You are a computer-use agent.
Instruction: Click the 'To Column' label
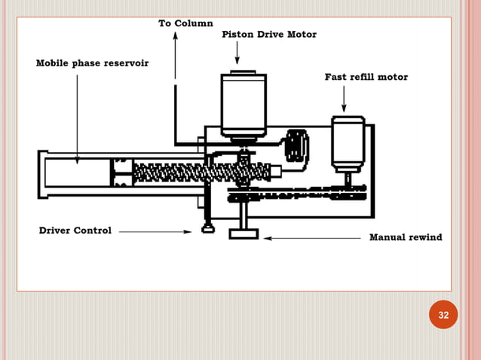tap(185, 23)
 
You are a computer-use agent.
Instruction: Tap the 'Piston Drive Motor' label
tap(268, 35)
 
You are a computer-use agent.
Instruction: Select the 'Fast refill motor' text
tap(366, 77)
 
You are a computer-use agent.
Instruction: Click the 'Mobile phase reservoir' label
tap(92, 63)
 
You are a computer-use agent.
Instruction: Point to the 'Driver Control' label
tap(75, 230)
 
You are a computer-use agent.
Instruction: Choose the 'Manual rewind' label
tap(405, 237)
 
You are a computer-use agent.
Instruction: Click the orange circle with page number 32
tap(443, 315)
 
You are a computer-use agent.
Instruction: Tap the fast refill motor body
tap(348, 143)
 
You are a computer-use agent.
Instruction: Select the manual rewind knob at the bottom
tap(244, 234)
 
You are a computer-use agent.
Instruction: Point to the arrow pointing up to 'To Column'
tap(176, 53)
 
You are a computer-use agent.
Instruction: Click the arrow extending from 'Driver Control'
tap(155, 231)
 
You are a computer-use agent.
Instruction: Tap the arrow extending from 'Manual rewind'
tap(313, 238)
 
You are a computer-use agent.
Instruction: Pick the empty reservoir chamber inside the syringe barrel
tap(75, 172)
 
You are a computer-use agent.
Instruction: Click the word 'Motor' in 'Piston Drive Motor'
tap(300, 35)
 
